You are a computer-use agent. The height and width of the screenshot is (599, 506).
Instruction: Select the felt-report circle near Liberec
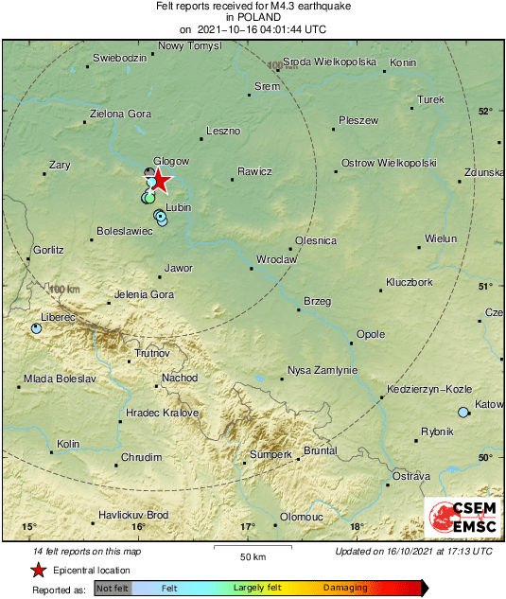36,328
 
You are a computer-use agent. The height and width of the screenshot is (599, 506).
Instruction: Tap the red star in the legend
38,570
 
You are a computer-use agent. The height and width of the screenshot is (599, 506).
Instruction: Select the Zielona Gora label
120,115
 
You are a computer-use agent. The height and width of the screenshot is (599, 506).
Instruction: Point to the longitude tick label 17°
248,526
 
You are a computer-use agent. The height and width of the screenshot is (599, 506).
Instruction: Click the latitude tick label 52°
485,112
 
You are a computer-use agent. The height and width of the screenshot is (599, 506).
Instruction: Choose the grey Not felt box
113,589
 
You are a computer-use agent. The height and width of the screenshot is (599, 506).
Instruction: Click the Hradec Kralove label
163,414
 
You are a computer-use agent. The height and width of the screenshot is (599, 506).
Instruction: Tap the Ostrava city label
411,475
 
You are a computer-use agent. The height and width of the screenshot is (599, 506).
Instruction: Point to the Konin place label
403,63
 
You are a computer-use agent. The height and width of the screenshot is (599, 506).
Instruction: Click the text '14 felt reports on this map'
86,551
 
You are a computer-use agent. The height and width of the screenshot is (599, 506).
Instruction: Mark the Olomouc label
303,517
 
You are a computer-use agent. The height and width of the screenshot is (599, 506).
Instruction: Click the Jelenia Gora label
144,295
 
